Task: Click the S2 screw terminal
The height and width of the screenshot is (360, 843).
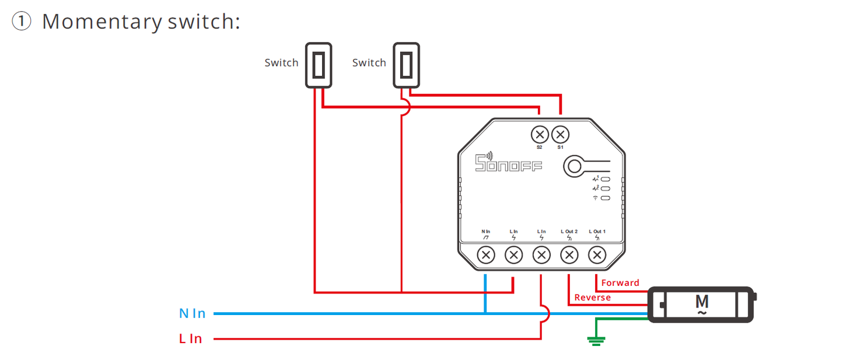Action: (540, 135)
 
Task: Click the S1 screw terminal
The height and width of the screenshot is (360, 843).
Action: (560, 135)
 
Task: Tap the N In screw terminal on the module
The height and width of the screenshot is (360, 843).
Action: (485, 254)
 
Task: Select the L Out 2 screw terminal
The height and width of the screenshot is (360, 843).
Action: (569, 254)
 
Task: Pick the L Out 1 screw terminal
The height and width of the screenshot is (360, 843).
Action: (597, 254)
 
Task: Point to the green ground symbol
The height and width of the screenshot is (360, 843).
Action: (596, 340)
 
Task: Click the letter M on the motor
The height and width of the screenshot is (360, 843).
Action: (702, 302)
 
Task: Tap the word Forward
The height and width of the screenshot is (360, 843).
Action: (620, 283)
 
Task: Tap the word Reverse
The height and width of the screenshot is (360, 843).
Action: (592, 298)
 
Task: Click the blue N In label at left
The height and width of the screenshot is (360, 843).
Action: (193, 314)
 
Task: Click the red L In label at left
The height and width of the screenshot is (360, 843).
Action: (191, 339)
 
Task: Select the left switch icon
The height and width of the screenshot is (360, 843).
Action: (319, 65)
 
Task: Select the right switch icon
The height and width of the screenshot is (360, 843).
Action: (406, 65)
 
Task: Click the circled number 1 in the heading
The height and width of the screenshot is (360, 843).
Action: (22, 22)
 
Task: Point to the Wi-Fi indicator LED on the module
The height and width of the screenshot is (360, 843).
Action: (606, 198)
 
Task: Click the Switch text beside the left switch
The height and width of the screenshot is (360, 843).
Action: (281, 63)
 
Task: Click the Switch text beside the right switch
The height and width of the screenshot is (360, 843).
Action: (369, 63)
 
